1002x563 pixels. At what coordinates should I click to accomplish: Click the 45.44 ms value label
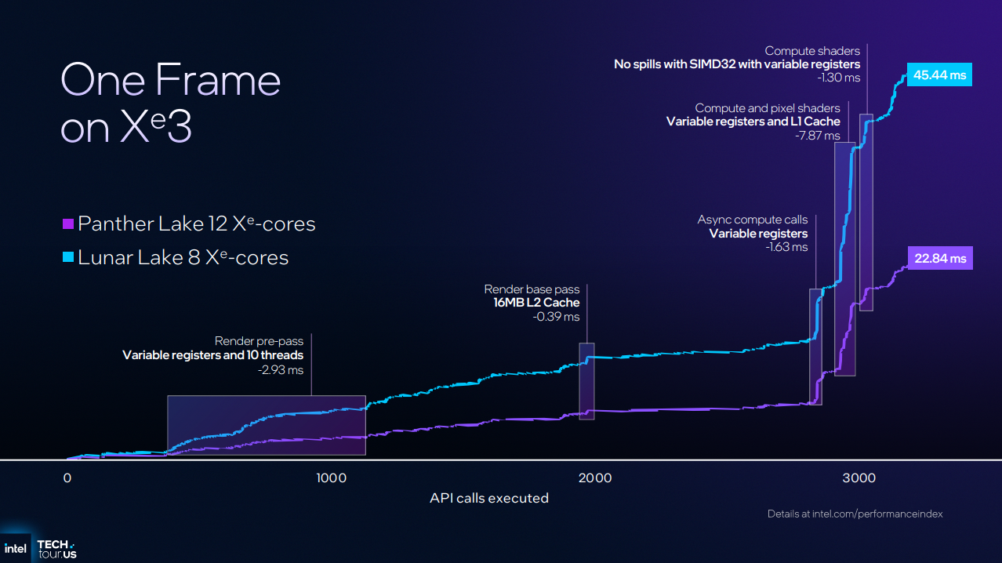pyautogui.click(x=939, y=75)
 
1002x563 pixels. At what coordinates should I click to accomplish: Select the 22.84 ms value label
pyautogui.click(x=940, y=258)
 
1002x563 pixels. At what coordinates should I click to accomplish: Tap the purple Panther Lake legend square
pyautogui.click(x=67, y=224)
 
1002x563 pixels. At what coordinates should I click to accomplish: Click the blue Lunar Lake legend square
pyautogui.click(x=67, y=257)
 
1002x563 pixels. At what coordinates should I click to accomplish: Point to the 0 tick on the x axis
pyautogui.click(x=67, y=478)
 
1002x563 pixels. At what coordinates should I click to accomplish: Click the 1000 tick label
pyautogui.click(x=332, y=478)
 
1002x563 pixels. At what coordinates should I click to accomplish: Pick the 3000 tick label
pyautogui.click(x=859, y=478)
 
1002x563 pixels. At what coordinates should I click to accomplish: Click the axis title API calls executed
pyautogui.click(x=488, y=498)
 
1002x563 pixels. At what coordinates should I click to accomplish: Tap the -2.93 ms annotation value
pyautogui.click(x=280, y=370)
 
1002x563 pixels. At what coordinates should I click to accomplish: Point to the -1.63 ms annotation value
pyautogui.click(x=786, y=247)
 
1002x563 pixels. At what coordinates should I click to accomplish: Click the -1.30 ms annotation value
pyautogui.click(x=838, y=78)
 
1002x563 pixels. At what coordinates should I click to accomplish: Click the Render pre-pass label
pyautogui.click(x=259, y=341)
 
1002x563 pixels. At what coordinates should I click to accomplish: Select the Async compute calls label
pyautogui.click(x=752, y=220)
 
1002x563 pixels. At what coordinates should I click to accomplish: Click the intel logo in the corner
pyautogui.click(x=16, y=547)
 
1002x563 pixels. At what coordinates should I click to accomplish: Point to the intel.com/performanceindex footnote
pyautogui.click(x=855, y=514)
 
